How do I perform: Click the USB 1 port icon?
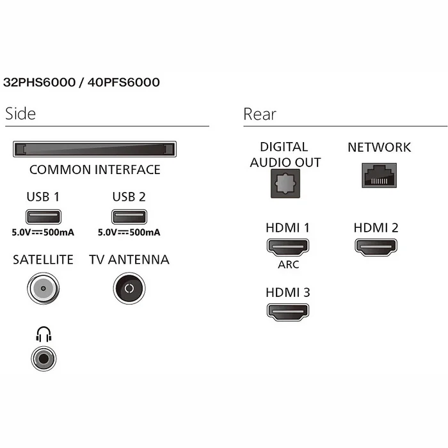pos(43,216)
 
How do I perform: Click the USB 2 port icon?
pos(129,216)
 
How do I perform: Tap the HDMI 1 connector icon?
pos(287,247)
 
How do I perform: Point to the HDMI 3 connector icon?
pos(287,312)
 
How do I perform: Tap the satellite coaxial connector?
pos(43,289)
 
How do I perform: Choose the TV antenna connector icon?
pos(129,289)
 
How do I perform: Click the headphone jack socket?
pos(43,357)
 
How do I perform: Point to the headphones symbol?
pos(43,334)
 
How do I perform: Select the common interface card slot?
pos(94,150)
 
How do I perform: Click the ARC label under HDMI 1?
pos(287,264)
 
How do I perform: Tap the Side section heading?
pos(20,114)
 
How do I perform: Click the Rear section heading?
pos(260,114)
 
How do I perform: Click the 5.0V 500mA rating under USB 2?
pos(129,232)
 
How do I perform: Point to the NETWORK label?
pos(379,147)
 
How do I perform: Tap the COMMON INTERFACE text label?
pos(95,170)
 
